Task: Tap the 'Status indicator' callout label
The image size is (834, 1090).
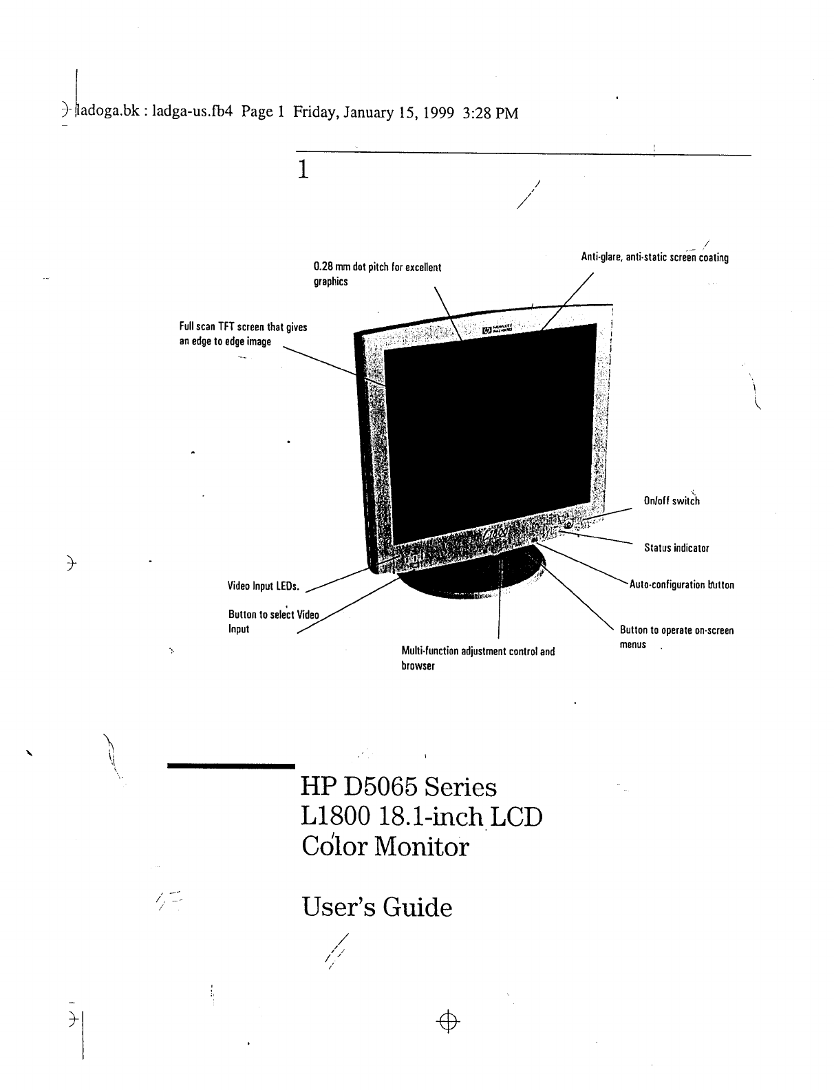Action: coord(676,548)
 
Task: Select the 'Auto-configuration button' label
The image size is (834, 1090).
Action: coord(681,585)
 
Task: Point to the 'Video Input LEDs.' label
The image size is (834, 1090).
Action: coord(264,586)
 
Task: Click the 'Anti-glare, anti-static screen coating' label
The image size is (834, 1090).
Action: coord(654,257)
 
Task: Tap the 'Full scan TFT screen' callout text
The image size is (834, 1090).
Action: coord(243,334)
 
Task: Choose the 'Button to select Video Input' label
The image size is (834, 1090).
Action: coord(273,621)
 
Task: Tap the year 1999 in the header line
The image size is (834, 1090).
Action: coord(438,113)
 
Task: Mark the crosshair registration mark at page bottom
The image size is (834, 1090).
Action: coord(448,1022)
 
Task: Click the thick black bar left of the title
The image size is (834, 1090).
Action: coord(231,766)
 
